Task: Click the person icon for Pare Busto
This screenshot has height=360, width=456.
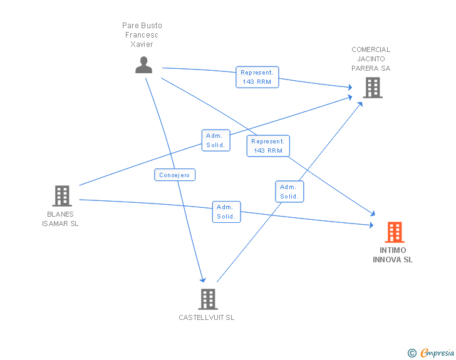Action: click(x=143, y=65)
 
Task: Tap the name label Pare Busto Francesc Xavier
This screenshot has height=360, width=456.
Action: click(x=142, y=35)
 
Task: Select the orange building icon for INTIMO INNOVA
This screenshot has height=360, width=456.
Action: click(x=395, y=232)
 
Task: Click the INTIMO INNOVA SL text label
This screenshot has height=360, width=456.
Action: click(x=393, y=255)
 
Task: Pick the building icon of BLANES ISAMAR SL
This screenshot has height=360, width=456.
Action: click(x=62, y=196)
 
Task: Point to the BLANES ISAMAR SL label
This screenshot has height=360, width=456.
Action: click(x=60, y=219)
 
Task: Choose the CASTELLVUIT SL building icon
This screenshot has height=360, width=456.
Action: click(x=208, y=299)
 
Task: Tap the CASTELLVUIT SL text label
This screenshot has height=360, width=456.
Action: click(x=207, y=317)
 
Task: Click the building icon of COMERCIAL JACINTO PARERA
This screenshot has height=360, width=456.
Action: click(x=373, y=88)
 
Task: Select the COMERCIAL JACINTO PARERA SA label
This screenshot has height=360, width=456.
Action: click(x=371, y=59)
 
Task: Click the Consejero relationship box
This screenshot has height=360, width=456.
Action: click(x=175, y=175)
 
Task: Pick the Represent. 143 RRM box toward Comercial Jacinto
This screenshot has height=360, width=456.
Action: click(x=257, y=77)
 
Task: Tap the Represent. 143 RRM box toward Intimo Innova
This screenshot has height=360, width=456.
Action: click(x=268, y=146)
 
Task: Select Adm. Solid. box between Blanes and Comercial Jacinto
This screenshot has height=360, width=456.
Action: click(x=215, y=140)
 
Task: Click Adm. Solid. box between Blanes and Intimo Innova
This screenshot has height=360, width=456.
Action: click(x=226, y=212)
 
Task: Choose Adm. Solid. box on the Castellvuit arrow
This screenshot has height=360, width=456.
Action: click(x=289, y=192)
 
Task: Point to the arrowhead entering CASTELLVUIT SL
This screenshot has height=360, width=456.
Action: click(x=203, y=280)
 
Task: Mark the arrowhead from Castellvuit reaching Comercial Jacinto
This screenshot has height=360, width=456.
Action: click(x=360, y=105)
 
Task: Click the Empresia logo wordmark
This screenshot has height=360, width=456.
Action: click(x=437, y=352)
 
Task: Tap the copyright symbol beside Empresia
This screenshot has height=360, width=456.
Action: click(x=412, y=353)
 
